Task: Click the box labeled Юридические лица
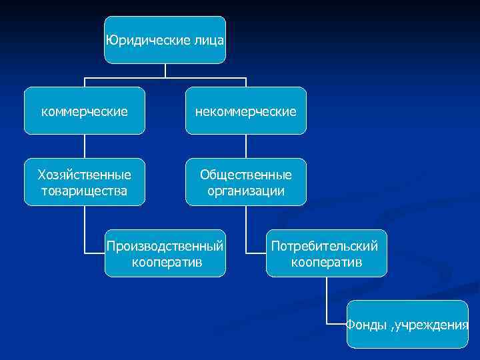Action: (165, 40)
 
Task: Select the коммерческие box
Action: (85, 111)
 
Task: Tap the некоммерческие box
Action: (246, 111)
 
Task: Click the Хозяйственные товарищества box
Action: (85, 182)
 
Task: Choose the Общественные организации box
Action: (246, 182)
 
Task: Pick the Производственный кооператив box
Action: (165, 253)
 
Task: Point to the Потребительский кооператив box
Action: (327, 253)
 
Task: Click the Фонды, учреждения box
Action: (407, 325)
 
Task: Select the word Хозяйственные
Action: (85, 175)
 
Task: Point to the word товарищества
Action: (85, 191)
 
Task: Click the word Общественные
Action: (246, 175)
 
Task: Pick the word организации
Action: (246, 191)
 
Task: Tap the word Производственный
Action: (165, 246)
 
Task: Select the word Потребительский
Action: (327, 246)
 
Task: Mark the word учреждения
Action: (433, 325)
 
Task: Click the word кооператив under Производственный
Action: (167, 262)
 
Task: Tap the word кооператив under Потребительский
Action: (327, 262)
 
